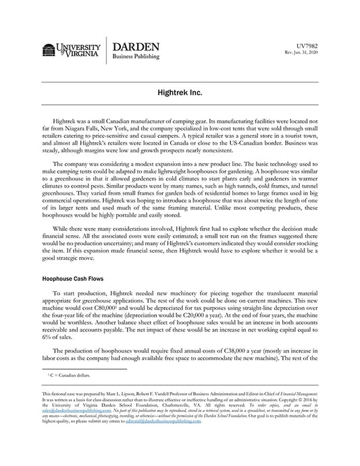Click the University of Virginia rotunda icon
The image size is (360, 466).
click(x=49, y=50)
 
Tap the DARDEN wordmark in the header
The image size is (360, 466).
click(x=136, y=47)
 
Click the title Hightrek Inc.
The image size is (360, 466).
click(x=180, y=90)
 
